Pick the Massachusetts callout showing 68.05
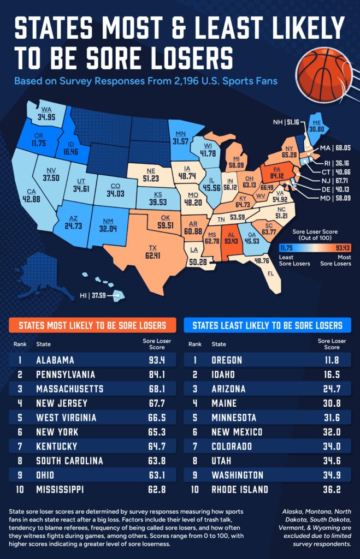[x=334, y=147]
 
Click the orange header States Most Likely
[x=92, y=326]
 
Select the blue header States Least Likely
[x=267, y=326]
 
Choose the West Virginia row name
[x=66, y=418]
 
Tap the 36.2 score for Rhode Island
[x=328, y=489]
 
